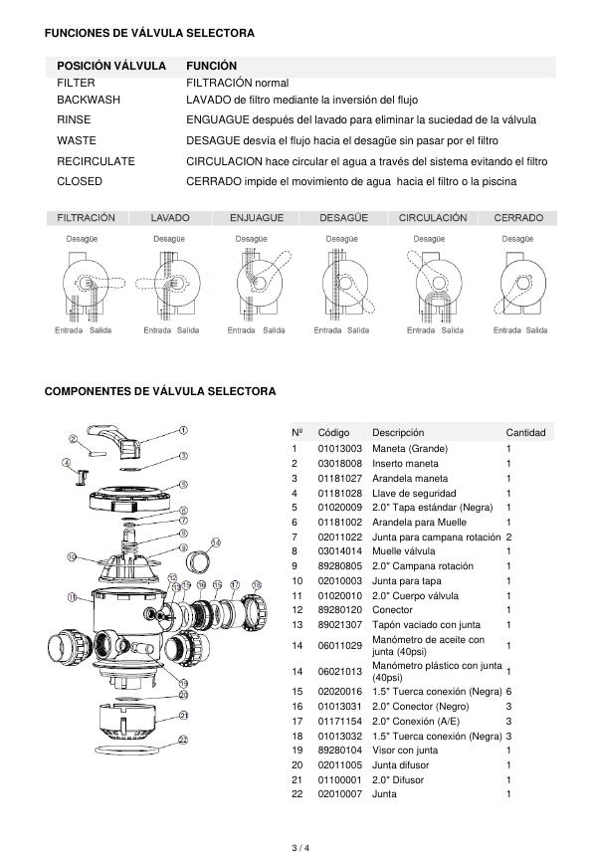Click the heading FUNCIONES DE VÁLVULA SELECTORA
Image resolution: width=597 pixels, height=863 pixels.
pos(149,33)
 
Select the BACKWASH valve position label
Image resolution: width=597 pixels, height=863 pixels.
pos(89,100)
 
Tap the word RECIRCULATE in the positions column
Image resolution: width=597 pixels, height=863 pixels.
pos(96,161)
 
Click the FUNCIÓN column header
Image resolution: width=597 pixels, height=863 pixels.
pos(211,66)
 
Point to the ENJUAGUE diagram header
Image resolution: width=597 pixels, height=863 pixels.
pos(257,217)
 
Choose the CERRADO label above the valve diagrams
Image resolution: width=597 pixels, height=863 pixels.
pos(517,217)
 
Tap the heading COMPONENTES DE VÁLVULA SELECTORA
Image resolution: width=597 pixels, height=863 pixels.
pos(160,391)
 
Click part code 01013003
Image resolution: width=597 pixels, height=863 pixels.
pos(339,449)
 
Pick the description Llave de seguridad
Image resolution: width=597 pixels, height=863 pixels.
pos(414,493)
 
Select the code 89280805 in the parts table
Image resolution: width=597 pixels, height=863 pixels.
pos(339,565)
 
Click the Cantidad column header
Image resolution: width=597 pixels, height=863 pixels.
pos(525,433)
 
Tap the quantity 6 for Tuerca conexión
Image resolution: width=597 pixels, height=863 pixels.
pos(508,691)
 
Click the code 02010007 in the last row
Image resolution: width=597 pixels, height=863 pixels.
pos(339,794)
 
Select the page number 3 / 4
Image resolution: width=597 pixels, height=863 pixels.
pos(298,848)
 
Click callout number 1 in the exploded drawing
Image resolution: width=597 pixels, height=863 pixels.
pos(183,430)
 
